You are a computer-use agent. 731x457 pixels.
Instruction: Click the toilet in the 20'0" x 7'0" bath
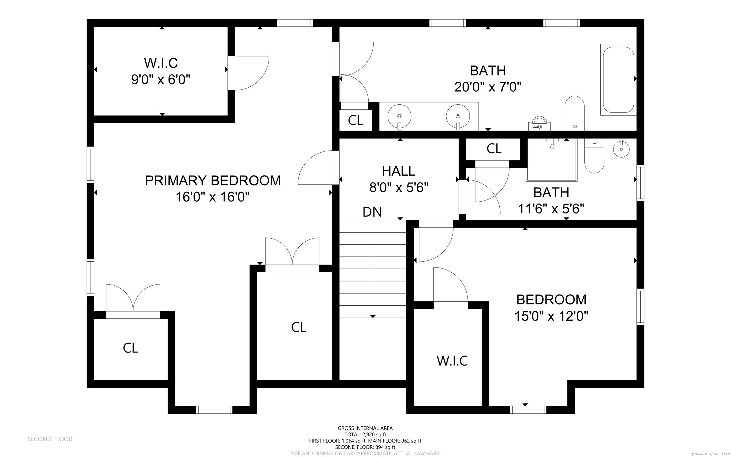(574, 113)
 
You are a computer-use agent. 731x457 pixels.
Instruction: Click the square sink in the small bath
(621, 149)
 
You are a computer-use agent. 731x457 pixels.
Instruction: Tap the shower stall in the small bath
(552, 160)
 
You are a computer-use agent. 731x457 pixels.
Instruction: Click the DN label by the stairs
(372, 212)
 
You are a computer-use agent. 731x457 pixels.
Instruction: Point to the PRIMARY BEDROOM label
(213, 181)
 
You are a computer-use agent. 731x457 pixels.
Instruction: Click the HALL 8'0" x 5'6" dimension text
(399, 188)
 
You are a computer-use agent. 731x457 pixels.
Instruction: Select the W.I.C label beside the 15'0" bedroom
(452, 361)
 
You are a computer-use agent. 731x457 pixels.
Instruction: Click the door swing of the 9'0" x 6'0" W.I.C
(251, 73)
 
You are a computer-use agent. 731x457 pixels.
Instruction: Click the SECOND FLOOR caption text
(50, 439)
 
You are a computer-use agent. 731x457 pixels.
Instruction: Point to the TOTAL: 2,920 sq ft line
(365, 434)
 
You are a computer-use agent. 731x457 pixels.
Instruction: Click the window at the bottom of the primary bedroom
(214, 410)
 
